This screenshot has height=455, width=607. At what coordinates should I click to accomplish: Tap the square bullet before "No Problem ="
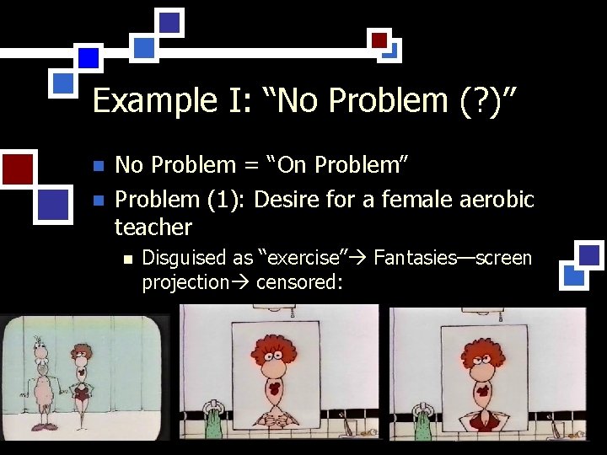[98, 166]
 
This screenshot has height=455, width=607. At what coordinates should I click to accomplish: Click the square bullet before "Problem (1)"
[98, 201]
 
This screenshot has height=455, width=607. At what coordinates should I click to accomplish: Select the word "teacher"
[153, 227]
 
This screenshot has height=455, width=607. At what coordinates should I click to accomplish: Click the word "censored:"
[299, 282]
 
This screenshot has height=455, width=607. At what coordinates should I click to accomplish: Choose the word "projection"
[185, 282]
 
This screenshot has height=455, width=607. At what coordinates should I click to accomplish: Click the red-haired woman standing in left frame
[81, 379]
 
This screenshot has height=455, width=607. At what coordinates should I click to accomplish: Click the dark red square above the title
[379, 40]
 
